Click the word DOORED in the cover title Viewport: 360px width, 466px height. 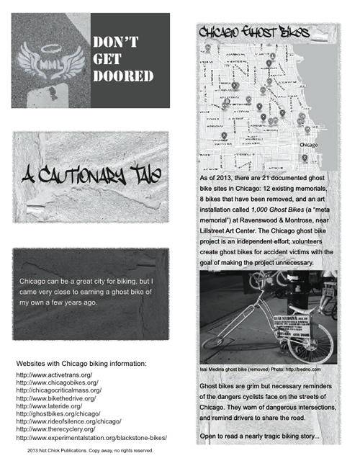tap(123, 76)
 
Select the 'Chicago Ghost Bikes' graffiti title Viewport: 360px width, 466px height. tap(254, 32)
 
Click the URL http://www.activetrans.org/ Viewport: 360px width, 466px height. tap(54, 375)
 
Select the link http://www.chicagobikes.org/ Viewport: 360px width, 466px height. tap(57, 382)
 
